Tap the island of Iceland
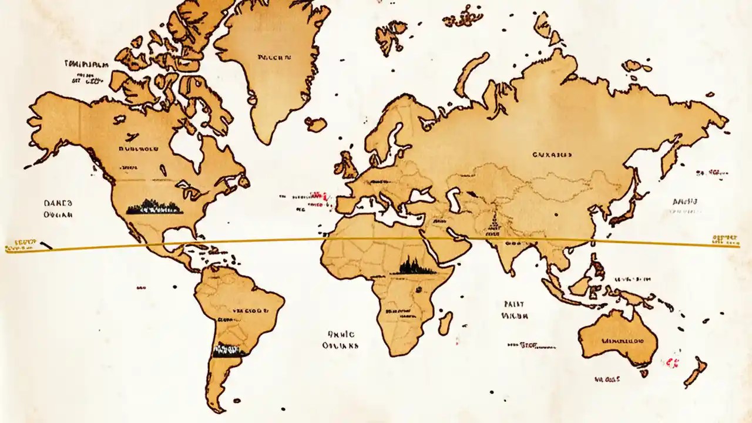pyautogui.click(x=316, y=124)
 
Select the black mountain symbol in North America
pyautogui.click(x=154, y=207)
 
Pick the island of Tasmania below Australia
pyautogui.click(x=644, y=373)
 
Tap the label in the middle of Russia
pyautogui.click(x=552, y=155)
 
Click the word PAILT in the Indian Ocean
pyautogui.click(x=514, y=304)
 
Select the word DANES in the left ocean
pyautogui.click(x=58, y=203)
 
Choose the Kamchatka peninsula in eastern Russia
pyautogui.click(x=670, y=159)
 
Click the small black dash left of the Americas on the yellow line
pyautogui.click(x=45, y=246)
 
